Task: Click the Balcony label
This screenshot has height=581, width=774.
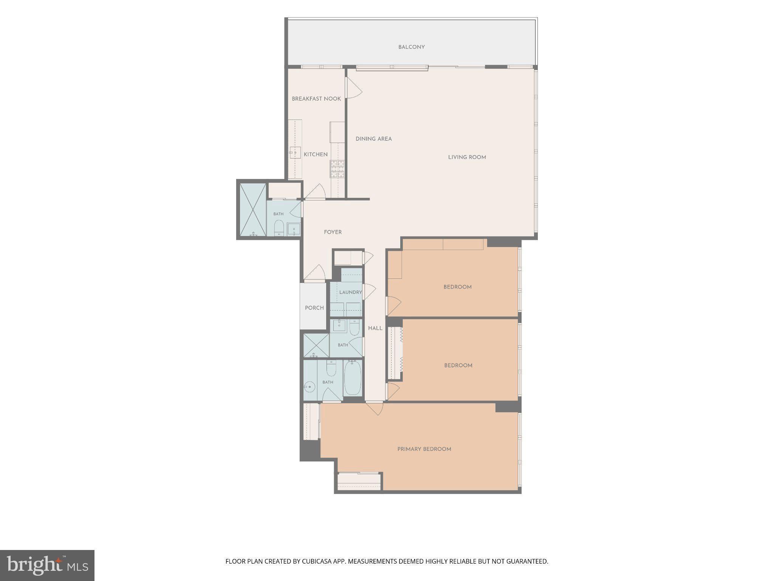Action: [411, 47]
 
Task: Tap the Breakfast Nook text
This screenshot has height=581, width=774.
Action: [316, 99]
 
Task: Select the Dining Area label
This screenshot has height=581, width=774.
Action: [373, 139]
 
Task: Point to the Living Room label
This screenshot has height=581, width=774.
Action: [467, 157]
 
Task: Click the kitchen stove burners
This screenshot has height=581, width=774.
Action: [337, 169]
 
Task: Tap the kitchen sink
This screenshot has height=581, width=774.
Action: [295, 152]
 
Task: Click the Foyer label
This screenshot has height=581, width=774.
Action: [333, 232]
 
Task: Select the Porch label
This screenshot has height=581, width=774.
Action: [314, 308]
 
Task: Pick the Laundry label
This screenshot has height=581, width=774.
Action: [350, 292]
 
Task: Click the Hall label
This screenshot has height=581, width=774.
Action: [375, 328]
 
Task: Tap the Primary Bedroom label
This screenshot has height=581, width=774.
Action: [424, 449]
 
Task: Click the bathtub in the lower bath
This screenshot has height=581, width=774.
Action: [353, 377]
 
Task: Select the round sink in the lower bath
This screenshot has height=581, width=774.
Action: [310, 386]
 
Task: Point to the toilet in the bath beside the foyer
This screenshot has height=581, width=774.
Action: [279, 228]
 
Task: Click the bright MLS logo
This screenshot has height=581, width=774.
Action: [47, 565]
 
